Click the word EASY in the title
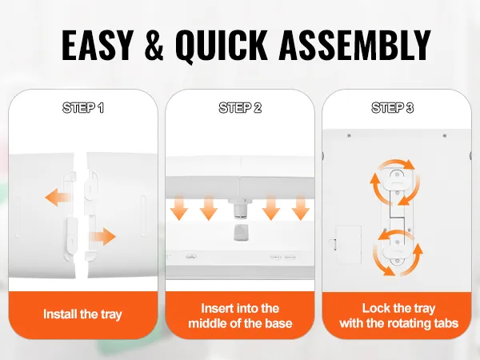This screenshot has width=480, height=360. point(97,45)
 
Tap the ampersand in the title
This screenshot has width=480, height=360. point(154,45)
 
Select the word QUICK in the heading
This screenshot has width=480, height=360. point(222,46)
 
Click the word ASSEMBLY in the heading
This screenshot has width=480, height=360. point(354,45)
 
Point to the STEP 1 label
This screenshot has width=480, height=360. point(83,108)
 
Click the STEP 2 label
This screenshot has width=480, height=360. point(240,108)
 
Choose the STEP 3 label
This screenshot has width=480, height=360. point(393,108)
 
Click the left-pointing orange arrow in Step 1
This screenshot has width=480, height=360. point(58,197)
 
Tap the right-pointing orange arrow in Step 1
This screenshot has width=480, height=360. point(103,237)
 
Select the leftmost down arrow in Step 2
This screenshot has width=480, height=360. point(178,207)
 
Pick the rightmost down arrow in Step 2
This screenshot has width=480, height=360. point(301,207)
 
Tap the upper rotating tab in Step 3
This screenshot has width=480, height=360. point(397,179)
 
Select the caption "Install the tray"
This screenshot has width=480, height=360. point(82,314)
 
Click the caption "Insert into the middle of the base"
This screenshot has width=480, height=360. point(240,316)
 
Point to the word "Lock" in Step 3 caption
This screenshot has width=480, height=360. point(375,308)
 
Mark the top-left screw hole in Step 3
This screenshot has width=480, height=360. point(349,135)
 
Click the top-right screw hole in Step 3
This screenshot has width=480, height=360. point(445,135)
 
